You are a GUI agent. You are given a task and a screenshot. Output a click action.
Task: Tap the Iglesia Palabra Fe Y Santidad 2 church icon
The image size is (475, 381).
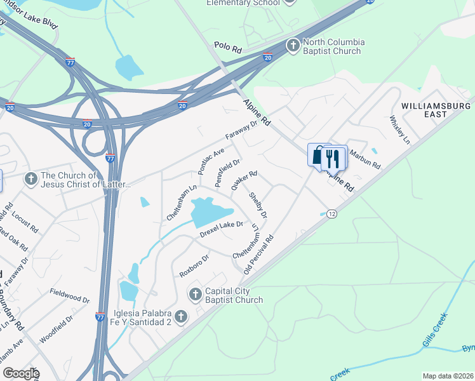pyautogui.click(x=181, y=316)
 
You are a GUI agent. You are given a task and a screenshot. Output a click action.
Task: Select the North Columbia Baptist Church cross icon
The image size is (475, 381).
pyautogui.click(x=293, y=45)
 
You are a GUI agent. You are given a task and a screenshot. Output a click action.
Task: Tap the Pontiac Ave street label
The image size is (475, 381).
pyautogui.click(x=211, y=161)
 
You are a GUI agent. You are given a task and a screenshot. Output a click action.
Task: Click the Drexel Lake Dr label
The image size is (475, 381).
pyautogui.click(x=222, y=229)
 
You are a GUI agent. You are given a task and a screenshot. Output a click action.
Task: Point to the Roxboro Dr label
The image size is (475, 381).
pyautogui.click(x=194, y=263)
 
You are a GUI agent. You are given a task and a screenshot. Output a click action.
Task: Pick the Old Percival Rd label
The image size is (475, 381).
pyautogui.click(x=260, y=254)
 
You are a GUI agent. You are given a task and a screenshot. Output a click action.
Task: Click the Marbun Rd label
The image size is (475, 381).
pyautogui.click(x=365, y=159)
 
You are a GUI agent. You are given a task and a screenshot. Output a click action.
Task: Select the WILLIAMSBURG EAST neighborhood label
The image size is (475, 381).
pyautogui.click(x=436, y=109)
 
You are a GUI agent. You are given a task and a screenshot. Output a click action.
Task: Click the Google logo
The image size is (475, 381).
pyautogui.click(x=20, y=373)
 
